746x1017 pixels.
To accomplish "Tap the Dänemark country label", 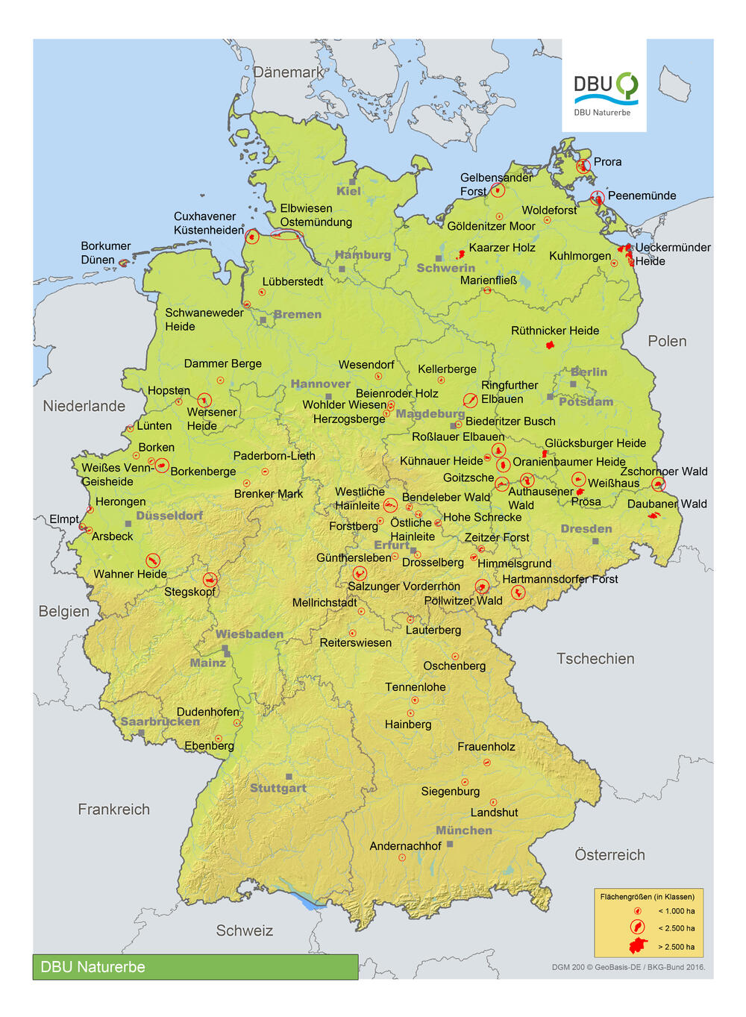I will (x=289, y=72).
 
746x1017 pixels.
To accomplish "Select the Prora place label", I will (x=607, y=162).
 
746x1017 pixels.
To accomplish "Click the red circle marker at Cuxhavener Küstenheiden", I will (x=252, y=237).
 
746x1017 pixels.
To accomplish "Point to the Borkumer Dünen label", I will (x=105, y=253).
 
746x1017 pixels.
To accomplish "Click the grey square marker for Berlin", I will (x=573, y=384).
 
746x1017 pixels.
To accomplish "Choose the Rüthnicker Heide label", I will (x=554, y=331).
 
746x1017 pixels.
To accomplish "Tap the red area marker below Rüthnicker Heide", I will (x=551, y=345).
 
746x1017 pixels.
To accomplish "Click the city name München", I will (x=464, y=830).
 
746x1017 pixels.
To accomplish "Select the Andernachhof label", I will (x=405, y=846).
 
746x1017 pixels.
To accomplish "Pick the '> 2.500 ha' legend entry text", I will (x=676, y=947).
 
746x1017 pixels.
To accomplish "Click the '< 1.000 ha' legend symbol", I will (x=637, y=911).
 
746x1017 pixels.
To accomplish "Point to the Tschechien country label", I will (x=595, y=659).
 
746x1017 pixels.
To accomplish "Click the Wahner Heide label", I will (x=130, y=574).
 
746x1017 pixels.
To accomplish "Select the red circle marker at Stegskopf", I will (x=210, y=580).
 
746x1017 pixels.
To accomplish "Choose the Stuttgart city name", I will (x=278, y=789).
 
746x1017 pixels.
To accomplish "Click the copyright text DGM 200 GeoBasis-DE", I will (x=627, y=967).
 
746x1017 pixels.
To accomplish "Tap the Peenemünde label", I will (x=642, y=195).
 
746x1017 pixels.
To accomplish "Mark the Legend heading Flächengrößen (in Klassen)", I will (x=647, y=897).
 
